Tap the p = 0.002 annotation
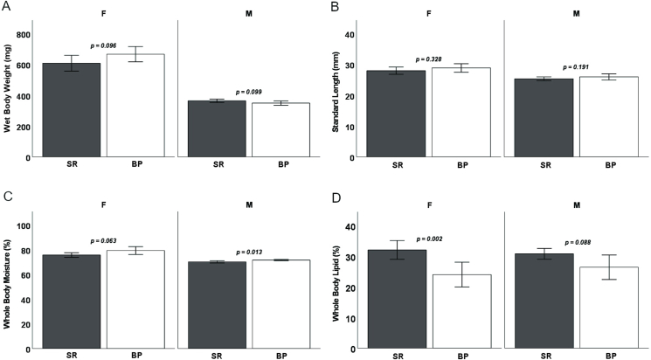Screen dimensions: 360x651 point(431,239)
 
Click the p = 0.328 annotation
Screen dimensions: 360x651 point(431,59)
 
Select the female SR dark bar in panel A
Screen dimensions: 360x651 point(71,110)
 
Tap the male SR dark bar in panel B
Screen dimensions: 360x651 point(544,118)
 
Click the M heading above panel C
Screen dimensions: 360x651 point(248,205)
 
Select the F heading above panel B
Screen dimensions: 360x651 point(430,14)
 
